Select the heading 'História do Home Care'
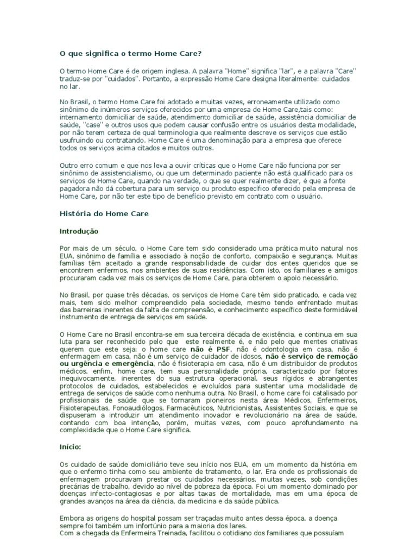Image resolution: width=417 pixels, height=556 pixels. (104, 214)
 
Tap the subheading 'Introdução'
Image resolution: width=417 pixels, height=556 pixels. (79, 231)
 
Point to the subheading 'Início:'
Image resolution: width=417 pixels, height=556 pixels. (70, 447)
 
